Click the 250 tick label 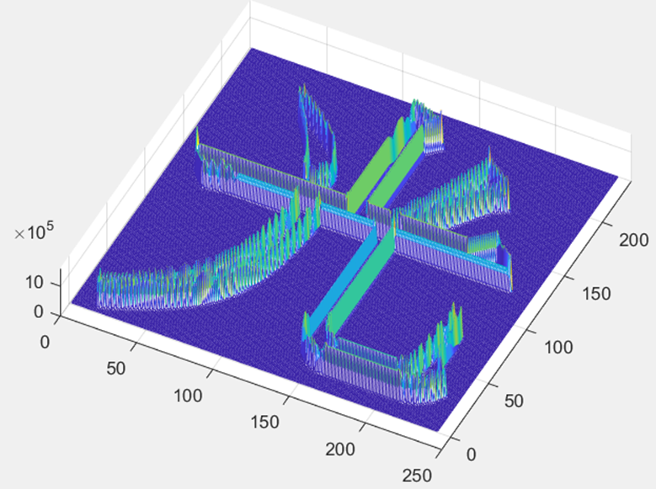(x=417, y=476)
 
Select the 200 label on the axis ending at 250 (x=340, y=449)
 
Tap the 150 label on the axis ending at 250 (x=264, y=422)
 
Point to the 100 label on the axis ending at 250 (x=188, y=396)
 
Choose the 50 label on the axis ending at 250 (x=116, y=369)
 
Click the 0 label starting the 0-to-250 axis (x=45, y=343)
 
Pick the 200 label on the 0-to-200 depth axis (x=634, y=240)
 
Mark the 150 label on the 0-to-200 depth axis (x=596, y=294)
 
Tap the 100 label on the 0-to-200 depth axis (x=558, y=348)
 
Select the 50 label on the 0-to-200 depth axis (x=514, y=401)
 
